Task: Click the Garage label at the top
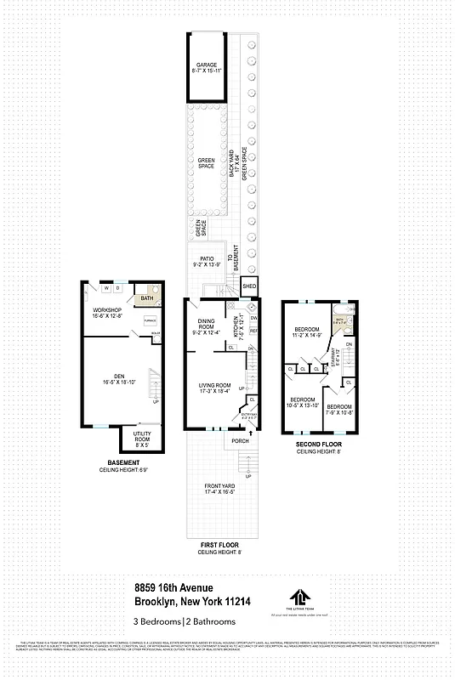tap(208, 68)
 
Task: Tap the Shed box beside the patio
tap(249, 287)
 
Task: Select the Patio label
tap(207, 261)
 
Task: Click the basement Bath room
tap(146, 298)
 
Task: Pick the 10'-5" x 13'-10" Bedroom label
tap(303, 402)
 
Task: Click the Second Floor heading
tap(319, 445)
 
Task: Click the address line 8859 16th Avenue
tap(173, 587)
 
